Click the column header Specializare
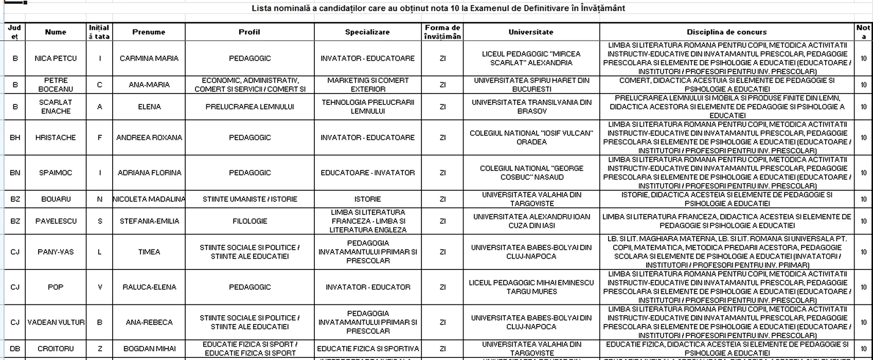click(x=367, y=32)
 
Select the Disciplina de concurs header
click(x=726, y=32)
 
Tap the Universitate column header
click(x=531, y=32)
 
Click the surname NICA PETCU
click(x=56, y=58)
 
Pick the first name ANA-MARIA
click(x=149, y=85)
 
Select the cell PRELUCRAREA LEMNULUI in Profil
click(x=250, y=107)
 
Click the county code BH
click(x=15, y=137)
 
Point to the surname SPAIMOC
click(x=56, y=173)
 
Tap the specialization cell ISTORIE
click(x=367, y=199)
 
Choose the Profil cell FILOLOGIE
click(x=250, y=221)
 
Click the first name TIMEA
click(x=149, y=252)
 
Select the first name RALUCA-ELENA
click(x=149, y=287)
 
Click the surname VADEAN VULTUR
click(x=56, y=322)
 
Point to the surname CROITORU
click(x=56, y=349)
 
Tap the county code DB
click(x=15, y=349)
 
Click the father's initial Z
click(x=100, y=349)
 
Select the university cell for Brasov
click(x=531, y=107)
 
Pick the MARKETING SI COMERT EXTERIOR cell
click(x=367, y=85)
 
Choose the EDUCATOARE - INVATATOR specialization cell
click(x=367, y=173)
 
